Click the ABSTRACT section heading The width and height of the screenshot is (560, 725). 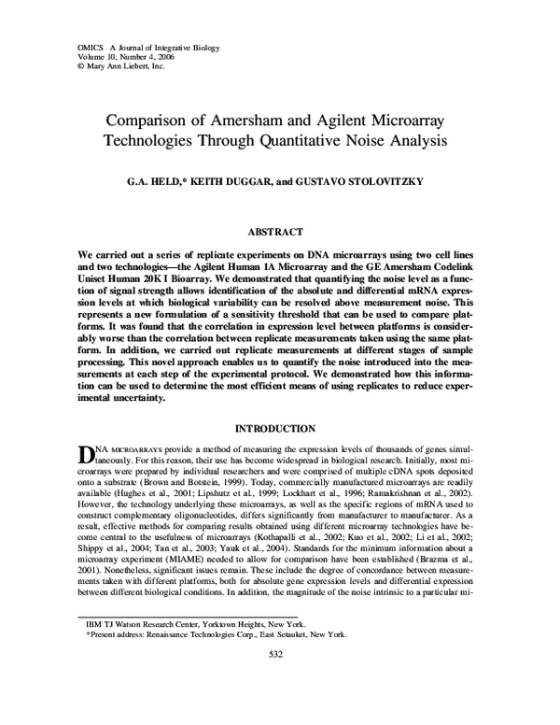280,232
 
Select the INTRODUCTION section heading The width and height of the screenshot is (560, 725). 280,429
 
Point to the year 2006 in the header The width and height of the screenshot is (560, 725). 161,57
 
